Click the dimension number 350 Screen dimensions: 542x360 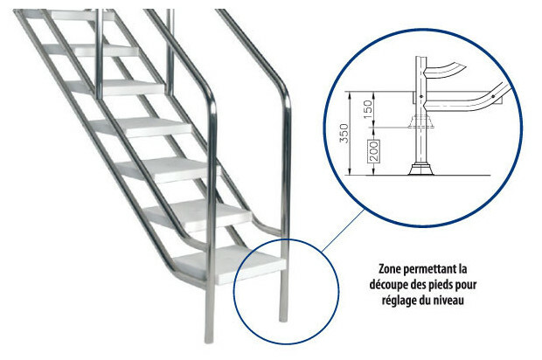344,134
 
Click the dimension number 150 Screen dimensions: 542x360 369,109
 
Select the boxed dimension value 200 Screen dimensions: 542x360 373,151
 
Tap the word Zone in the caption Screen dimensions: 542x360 390,268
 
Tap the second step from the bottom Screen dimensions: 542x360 198,214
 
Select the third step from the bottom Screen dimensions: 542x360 169,169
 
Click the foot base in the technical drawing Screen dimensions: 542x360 421,170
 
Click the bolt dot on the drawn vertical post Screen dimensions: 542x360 421,96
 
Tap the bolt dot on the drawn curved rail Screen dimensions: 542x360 492,96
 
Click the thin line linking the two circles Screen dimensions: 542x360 343,231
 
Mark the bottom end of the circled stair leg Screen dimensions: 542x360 283,321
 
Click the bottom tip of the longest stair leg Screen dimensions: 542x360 208,342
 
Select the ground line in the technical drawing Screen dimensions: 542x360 418,175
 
